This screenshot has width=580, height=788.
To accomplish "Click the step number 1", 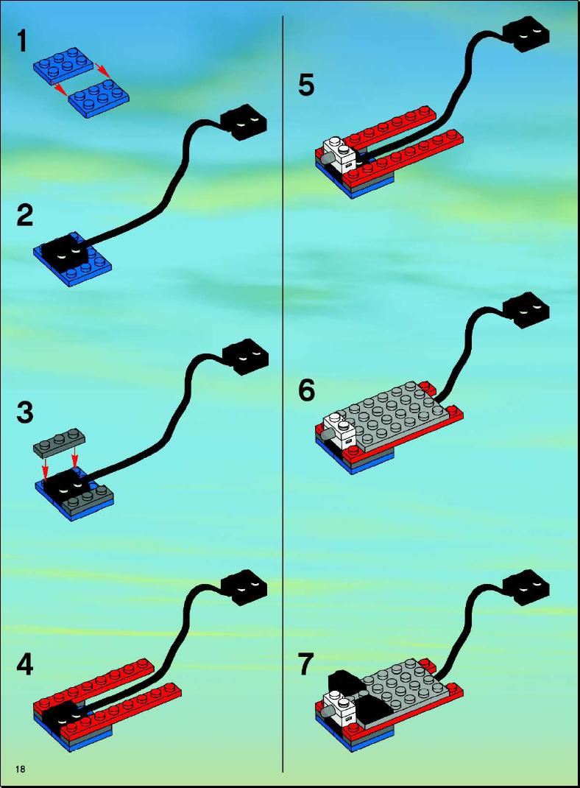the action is [x=21, y=41].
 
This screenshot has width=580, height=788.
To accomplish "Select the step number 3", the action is [x=24, y=412].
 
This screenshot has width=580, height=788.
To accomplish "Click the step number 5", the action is [x=306, y=85].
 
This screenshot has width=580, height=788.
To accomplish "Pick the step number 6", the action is [x=306, y=390].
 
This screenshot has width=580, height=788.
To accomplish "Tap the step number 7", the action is [x=306, y=664].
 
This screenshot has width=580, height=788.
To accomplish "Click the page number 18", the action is [x=21, y=769].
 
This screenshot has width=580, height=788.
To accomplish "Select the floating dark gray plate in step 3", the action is [x=60, y=443].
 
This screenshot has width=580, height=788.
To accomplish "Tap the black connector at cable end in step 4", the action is [x=244, y=588].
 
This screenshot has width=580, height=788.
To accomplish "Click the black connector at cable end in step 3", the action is [x=245, y=356].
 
